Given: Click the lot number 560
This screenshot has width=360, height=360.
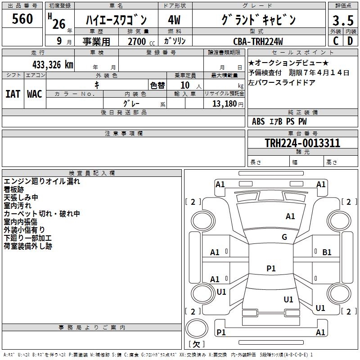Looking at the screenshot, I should (22, 19).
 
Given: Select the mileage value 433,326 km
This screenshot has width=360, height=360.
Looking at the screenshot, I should (53, 64).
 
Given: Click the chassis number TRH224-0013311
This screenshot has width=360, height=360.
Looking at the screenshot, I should (302, 143).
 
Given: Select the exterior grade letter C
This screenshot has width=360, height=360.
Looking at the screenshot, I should (335, 41).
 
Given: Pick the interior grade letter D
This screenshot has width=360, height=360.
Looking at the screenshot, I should (350, 41).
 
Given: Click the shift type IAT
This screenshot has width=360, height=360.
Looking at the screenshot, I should (13, 94).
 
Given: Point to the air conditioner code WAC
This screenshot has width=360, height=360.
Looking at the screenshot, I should (34, 94).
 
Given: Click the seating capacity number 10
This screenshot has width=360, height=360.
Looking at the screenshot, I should (184, 85).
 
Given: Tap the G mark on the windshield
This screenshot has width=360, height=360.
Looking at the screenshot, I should (284, 237).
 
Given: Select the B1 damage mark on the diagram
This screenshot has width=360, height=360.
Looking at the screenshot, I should (327, 252).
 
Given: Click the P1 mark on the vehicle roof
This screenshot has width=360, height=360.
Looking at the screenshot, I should (271, 269).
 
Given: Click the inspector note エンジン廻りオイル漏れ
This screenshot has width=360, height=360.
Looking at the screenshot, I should (42, 182).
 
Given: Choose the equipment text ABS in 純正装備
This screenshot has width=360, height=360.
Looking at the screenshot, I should (258, 121).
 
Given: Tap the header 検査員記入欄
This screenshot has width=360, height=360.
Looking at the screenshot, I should (92, 173).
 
